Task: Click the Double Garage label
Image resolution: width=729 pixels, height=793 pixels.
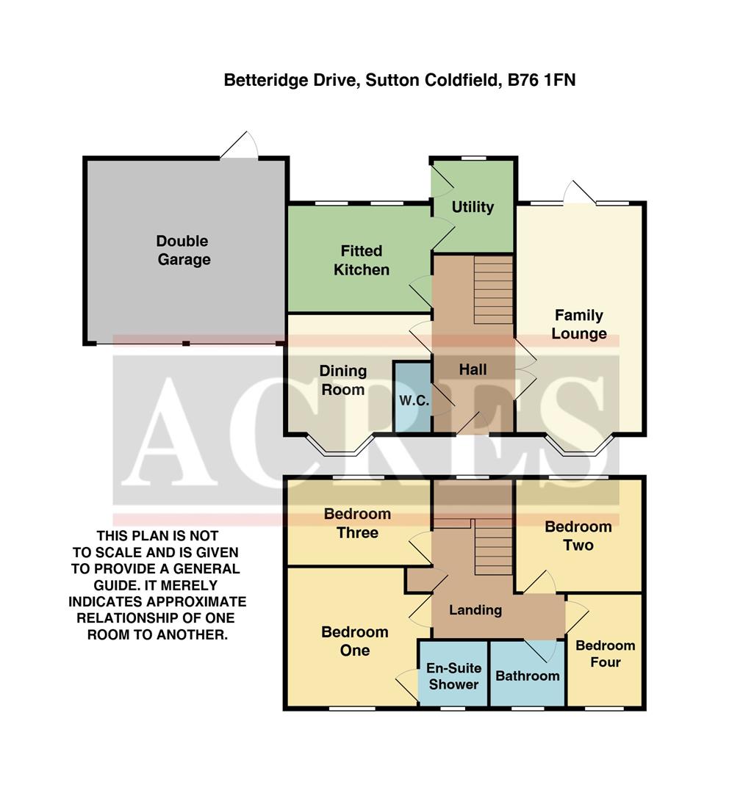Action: [x=183, y=250]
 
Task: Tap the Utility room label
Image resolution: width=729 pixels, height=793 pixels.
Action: [x=473, y=207]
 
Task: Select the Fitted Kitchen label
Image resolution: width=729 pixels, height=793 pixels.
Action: [x=361, y=261]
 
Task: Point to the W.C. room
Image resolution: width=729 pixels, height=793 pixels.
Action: [x=414, y=400]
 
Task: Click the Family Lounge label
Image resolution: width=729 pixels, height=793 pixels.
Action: [x=579, y=325]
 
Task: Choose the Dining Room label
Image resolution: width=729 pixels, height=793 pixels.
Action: [x=342, y=380]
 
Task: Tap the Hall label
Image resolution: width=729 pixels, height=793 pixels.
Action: [x=473, y=369]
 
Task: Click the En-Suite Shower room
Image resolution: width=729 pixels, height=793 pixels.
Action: [x=453, y=676]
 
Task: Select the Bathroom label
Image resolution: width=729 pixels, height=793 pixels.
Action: [x=527, y=676]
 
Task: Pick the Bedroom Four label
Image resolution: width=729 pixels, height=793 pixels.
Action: [x=605, y=653]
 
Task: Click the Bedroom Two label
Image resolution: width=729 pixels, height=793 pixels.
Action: [x=578, y=536]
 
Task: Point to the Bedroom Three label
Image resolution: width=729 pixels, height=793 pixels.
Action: [x=357, y=524]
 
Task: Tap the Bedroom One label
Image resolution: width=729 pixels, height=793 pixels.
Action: [x=354, y=641]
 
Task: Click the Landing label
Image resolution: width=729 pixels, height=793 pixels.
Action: [x=475, y=609]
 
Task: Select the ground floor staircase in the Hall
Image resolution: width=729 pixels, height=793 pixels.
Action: [x=492, y=289]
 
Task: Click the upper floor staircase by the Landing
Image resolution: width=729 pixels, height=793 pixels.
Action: [x=493, y=547]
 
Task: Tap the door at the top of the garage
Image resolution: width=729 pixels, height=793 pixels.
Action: [x=240, y=147]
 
